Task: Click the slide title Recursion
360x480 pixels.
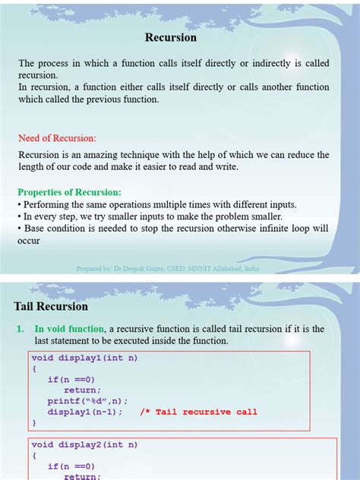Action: (x=171, y=37)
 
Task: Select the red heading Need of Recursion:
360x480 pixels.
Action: (x=57, y=138)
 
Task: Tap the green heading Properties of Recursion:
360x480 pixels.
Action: (x=69, y=192)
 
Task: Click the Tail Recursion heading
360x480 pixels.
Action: (x=51, y=307)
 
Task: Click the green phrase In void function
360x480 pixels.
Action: (x=70, y=329)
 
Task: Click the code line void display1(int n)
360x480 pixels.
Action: (x=84, y=358)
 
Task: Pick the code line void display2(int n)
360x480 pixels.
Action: (x=84, y=444)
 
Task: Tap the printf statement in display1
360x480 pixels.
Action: (x=87, y=401)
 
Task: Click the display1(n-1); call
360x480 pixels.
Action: (x=84, y=412)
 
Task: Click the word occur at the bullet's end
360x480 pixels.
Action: (x=28, y=241)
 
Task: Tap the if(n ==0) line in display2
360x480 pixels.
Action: (x=71, y=466)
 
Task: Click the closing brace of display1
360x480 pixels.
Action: (x=34, y=422)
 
